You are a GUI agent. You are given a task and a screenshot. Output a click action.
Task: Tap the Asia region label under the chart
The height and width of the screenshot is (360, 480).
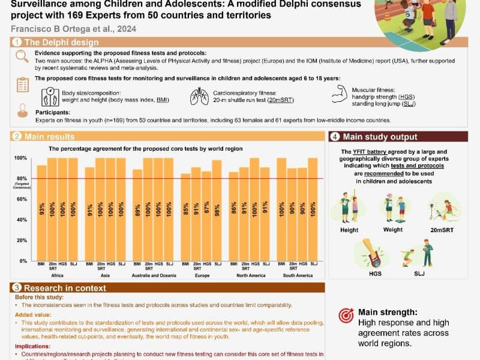tap(105, 275)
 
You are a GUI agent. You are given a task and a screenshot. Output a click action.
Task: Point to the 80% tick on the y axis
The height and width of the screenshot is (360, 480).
tap(20, 178)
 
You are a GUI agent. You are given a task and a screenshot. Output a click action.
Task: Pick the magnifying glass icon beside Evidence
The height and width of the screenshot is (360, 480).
tap(22, 56)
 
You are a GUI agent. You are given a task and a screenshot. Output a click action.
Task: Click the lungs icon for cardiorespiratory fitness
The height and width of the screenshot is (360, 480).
tap(199, 96)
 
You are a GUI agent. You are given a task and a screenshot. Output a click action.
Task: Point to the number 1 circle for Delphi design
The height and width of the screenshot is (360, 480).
tap(17, 42)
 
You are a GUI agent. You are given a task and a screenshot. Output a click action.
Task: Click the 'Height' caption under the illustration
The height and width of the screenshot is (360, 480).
tap(349, 230)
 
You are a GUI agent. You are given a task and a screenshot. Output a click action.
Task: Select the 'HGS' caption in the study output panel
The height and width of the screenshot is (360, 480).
tap(375, 273)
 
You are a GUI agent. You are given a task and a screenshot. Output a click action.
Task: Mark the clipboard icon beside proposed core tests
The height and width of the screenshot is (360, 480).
tap(23, 85)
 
